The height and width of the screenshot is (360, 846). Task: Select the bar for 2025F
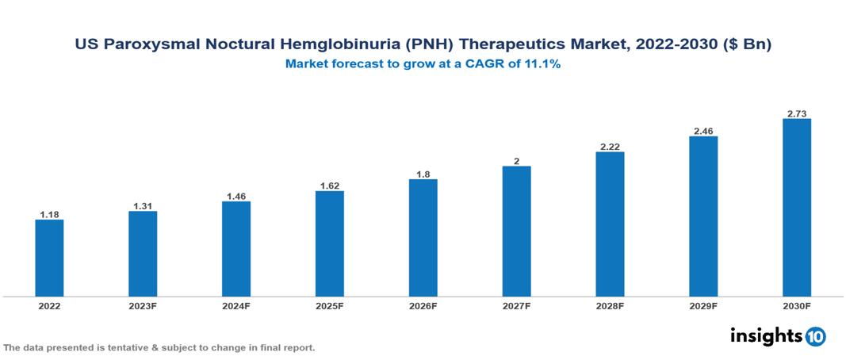pyautogui.click(x=329, y=243)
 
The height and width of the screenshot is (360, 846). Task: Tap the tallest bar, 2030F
pyautogui.click(x=797, y=208)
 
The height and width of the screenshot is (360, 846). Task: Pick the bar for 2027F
pyautogui.click(x=516, y=231)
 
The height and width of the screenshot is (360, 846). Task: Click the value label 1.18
pyautogui.click(x=49, y=214)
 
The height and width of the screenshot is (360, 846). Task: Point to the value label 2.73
pyautogui.click(x=797, y=113)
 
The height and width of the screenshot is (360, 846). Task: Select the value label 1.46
pyautogui.click(x=236, y=195)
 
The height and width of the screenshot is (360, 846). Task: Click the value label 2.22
pyautogui.click(x=610, y=147)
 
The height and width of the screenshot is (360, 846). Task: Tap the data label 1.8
pyautogui.click(x=423, y=174)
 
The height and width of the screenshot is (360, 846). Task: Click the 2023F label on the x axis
pyautogui.click(x=143, y=306)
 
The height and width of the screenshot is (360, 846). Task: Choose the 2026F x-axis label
pyautogui.click(x=423, y=306)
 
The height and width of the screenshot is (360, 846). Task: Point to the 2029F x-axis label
pyautogui.click(x=703, y=306)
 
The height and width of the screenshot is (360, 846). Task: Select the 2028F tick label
pyautogui.click(x=610, y=306)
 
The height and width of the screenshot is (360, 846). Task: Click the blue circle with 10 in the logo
pyautogui.click(x=815, y=336)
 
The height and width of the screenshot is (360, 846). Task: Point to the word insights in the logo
pyautogui.click(x=766, y=335)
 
